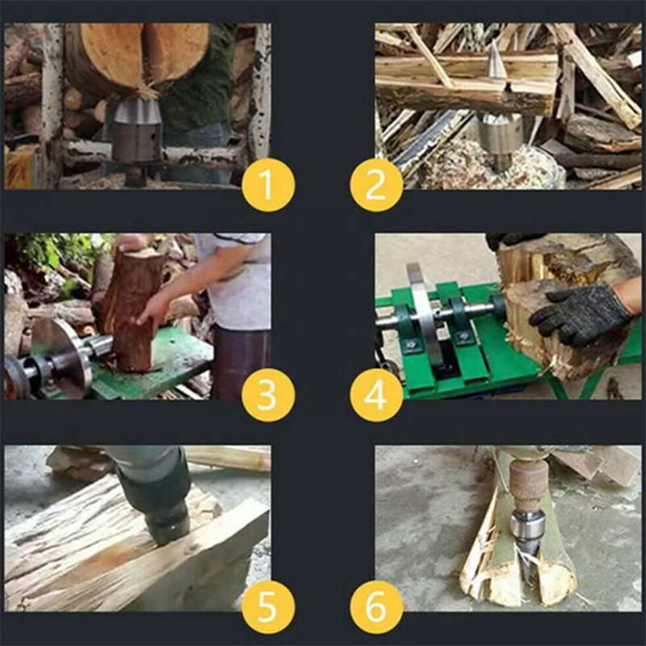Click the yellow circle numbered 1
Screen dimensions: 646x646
268,185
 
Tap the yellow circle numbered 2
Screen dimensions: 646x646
376,185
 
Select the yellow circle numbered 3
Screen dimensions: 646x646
268,395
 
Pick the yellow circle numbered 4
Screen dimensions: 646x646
376,395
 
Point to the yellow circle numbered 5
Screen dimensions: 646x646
268,607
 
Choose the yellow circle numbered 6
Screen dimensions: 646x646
376,607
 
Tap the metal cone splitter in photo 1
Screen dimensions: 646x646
137,131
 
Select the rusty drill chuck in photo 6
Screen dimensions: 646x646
527,483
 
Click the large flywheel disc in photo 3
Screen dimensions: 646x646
62,358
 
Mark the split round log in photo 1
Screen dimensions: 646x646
137,57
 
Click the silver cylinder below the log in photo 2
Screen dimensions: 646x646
500,138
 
